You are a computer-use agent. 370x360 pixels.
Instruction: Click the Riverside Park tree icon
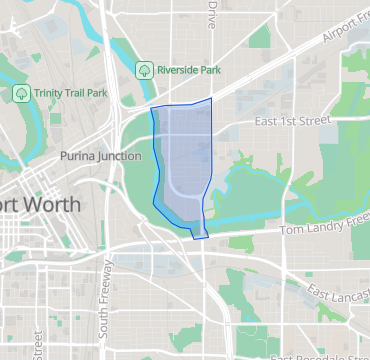[144, 70]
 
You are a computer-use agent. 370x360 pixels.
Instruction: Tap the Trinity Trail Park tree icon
[20, 92]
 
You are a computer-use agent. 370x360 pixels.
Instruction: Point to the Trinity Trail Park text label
[70, 92]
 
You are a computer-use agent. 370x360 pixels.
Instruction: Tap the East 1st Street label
[292, 121]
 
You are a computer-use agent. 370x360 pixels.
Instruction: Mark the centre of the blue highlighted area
[181, 165]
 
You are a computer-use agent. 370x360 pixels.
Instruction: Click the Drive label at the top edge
[211, 13]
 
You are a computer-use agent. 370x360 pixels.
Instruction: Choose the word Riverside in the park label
[178, 70]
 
